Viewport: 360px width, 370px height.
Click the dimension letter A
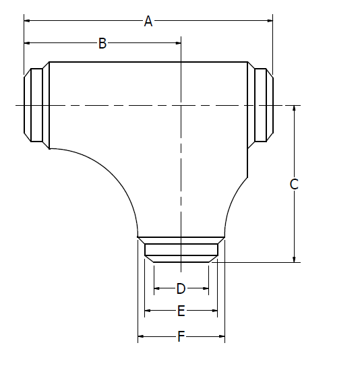point(148,22)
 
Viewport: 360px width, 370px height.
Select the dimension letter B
point(102,44)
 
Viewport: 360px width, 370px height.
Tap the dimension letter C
point(294,184)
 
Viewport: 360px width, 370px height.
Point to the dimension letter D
point(181,288)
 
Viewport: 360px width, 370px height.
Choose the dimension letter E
point(181,311)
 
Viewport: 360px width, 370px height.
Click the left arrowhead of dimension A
point(27,22)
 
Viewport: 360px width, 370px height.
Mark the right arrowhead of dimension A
point(270,22)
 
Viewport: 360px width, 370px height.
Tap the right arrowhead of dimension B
point(178,44)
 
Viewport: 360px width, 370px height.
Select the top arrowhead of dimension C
point(294,109)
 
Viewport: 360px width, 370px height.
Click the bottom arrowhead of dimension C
point(294,259)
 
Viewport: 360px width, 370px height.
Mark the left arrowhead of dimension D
point(156,288)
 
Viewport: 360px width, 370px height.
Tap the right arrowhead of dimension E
point(214,311)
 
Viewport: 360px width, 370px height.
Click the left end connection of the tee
point(36,105)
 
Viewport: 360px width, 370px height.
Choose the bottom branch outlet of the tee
point(181,249)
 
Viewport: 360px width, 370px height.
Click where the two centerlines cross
point(181,105)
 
